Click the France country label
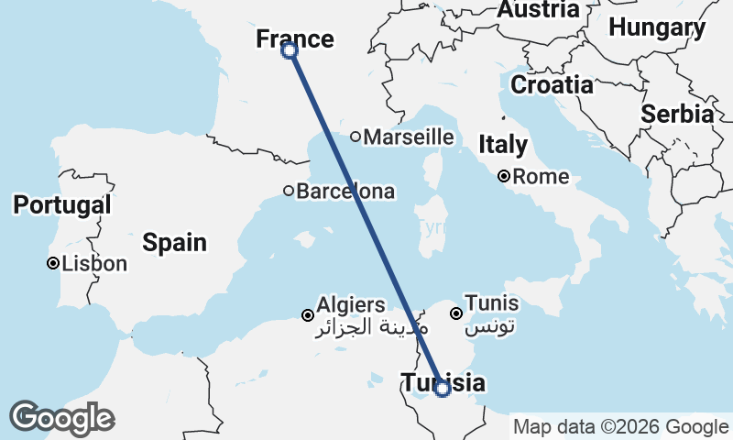coord(294,38)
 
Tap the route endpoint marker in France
coord(290,50)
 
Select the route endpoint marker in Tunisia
coord(443,389)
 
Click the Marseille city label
coord(409,137)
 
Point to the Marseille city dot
coord(356,137)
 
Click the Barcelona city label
coord(345,192)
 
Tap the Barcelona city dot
coord(289,192)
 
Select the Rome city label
coord(541,177)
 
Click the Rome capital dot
coord(504,176)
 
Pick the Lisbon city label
coord(94,264)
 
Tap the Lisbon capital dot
coord(53,264)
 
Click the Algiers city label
coord(351,304)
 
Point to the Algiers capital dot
coord(308,315)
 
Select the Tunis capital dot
coord(455,313)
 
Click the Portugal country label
coord(62,205)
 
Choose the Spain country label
coord(174,243)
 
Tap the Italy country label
coord(503,145)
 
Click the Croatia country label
coord(552,85)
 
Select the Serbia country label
coord(677,115)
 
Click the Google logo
coord(61,418)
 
